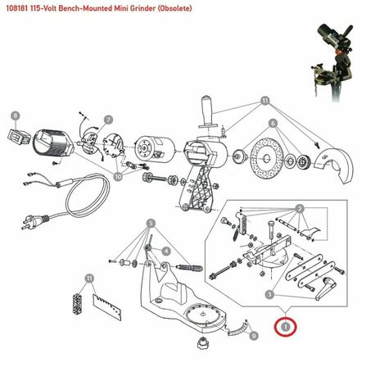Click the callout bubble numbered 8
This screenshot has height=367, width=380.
point(16,116)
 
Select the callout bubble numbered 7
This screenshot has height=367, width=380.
point(108,120)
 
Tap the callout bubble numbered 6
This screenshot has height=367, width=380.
point(273,123)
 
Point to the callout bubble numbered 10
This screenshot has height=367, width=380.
point(118,177)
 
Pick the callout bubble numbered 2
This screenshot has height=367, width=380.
point(300,209)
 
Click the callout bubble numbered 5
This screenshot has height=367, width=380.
point(151,224)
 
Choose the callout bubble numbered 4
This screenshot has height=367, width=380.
point(166,251)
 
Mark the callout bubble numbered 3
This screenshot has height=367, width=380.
point(269,294)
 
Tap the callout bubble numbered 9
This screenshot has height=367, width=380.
point(254,335)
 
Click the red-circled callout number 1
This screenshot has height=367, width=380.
point(286,326)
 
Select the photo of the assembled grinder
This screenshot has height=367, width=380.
point(332,63)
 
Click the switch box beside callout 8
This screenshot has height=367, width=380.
point(19,137)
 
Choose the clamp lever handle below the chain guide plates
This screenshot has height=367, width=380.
point(325,289)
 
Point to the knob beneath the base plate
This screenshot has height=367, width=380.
point(202,342)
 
